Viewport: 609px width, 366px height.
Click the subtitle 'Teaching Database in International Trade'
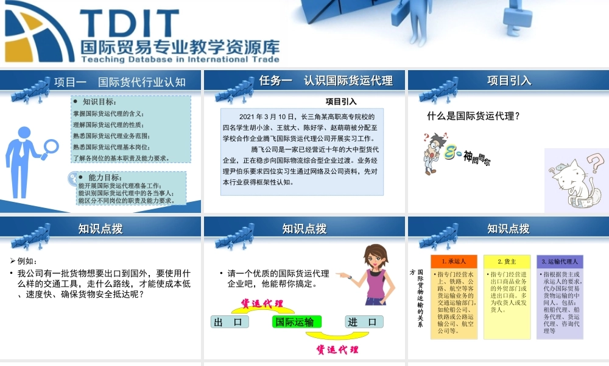point(180,60)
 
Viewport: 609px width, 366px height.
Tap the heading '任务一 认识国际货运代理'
point(326,81)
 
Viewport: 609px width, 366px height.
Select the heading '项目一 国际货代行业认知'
point(119,82)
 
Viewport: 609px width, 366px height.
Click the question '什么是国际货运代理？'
point(473,115)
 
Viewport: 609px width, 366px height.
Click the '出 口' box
point(229,321)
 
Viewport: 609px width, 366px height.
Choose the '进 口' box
point(365,321)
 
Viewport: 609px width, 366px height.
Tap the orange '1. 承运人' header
point(454,261)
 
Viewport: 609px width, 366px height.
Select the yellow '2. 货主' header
point(507,261)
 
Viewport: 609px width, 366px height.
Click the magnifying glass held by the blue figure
point(51,146)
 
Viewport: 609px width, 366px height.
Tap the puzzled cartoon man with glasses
point(434,152)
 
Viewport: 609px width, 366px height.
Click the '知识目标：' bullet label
point(99,102)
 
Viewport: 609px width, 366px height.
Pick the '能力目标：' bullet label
point(103,177)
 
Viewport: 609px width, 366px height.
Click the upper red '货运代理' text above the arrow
point(262,303)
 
